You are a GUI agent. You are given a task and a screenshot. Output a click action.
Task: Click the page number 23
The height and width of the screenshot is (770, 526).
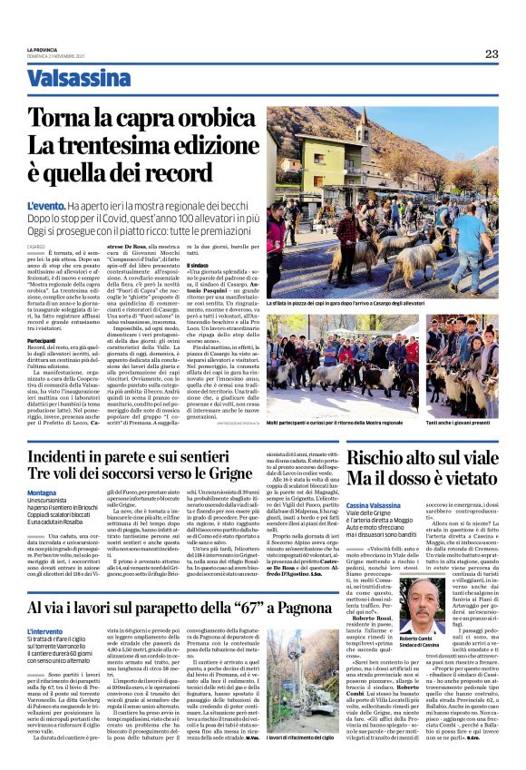coord(491,54)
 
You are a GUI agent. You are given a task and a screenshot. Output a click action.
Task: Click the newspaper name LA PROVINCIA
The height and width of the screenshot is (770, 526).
coord(42,48)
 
